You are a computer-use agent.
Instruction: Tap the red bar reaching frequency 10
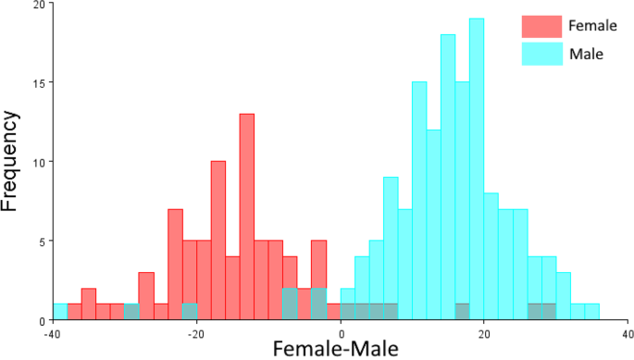[x=218, y=241]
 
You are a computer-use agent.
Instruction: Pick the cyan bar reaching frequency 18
[x=448, y=176]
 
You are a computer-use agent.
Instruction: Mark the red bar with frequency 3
[x=146, y=296]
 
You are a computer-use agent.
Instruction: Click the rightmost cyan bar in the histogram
[x=591, y=312]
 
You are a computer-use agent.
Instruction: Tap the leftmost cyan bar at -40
[x=60, y=312]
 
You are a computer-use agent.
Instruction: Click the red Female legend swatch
[x=541, y=26]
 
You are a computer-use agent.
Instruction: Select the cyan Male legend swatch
[x=541, y=54]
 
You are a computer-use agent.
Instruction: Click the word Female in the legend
[x=592, y=26]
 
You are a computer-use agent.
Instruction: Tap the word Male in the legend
[x=586, y=54]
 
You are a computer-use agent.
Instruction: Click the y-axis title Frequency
[x=13, y=162]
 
